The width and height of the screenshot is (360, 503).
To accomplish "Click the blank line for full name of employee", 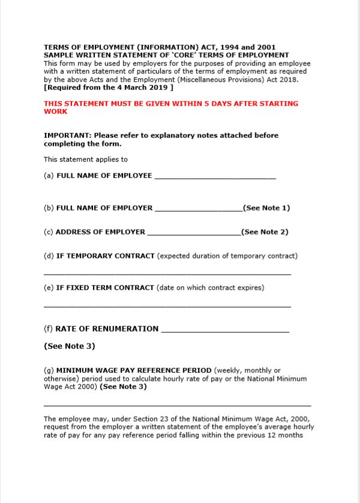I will (x=215, y=178).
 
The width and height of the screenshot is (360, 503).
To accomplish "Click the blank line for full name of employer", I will (x=198, y=210).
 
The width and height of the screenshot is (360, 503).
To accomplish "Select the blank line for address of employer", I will (x=193, y=234).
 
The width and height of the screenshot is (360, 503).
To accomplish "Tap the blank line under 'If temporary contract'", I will (x=167, y=274).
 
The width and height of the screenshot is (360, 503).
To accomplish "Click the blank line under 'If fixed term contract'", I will (x=167, y=306).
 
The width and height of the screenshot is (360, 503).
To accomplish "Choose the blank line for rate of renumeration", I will (x=225, y=331).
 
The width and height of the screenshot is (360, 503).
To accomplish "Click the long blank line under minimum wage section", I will (x=177, y=406).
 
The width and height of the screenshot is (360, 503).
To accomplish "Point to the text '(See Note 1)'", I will (x=266, y=208).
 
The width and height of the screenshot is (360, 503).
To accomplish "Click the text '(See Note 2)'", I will (x=265, y=232).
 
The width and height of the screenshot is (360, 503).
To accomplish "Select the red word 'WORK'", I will (x=56, y=112).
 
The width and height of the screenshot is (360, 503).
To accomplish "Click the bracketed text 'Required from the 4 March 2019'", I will (x=109, y=87).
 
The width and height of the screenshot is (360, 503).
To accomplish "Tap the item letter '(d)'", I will (x=49, y=256).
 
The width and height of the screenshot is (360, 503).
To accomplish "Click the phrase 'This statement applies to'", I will (x=86, y=159).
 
